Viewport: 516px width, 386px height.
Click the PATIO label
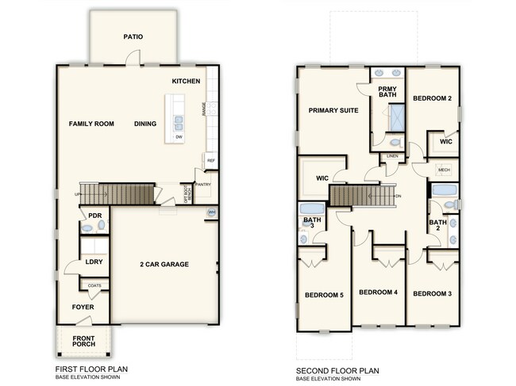(133, 36)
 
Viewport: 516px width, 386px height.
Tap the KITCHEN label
(186, 82)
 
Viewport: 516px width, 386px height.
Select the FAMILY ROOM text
(91, 124)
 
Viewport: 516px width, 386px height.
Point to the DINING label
(145, 124)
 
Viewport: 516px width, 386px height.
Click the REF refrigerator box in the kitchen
(210, 161)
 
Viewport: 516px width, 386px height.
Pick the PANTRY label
(202, 185)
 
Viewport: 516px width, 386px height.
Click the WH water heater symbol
(211, 212)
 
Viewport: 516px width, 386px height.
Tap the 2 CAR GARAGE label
(164, 264)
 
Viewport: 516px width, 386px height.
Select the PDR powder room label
(94, 216)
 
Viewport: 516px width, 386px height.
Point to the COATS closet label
(94, 286)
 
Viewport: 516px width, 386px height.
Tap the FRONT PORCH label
(84, 342)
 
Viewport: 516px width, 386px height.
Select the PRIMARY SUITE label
(333, 110)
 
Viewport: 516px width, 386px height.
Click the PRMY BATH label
(387, 92)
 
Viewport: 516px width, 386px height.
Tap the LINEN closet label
(392, 156)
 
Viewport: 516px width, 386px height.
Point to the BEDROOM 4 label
(378, 292)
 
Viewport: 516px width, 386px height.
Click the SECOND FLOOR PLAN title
(337, 369)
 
